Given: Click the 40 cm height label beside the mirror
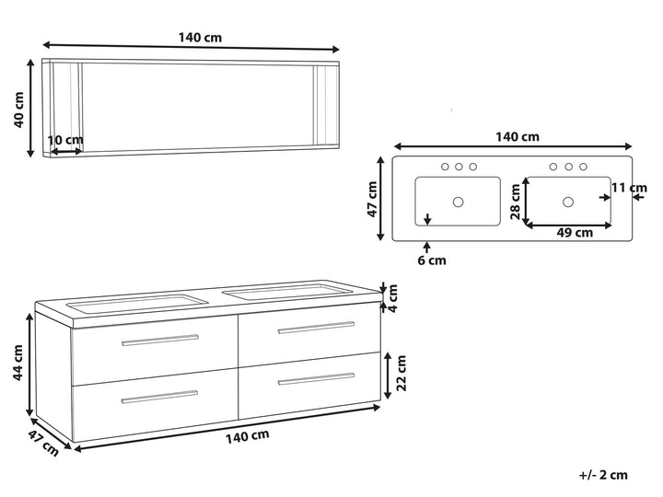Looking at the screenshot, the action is [19, 110].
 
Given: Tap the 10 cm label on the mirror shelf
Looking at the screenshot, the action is [65, 140].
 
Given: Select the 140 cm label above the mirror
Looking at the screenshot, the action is [200, 38].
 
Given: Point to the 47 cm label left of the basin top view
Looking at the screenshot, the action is [372, 199].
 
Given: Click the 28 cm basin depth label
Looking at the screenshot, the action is [515, 202].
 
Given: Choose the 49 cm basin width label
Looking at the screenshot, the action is [575, 233].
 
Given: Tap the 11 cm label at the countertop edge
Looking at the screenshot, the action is [629, 187].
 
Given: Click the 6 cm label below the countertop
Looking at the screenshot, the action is [432, 260].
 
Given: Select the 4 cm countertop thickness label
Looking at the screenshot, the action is [393, 298].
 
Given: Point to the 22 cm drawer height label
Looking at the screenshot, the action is [401, 373].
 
